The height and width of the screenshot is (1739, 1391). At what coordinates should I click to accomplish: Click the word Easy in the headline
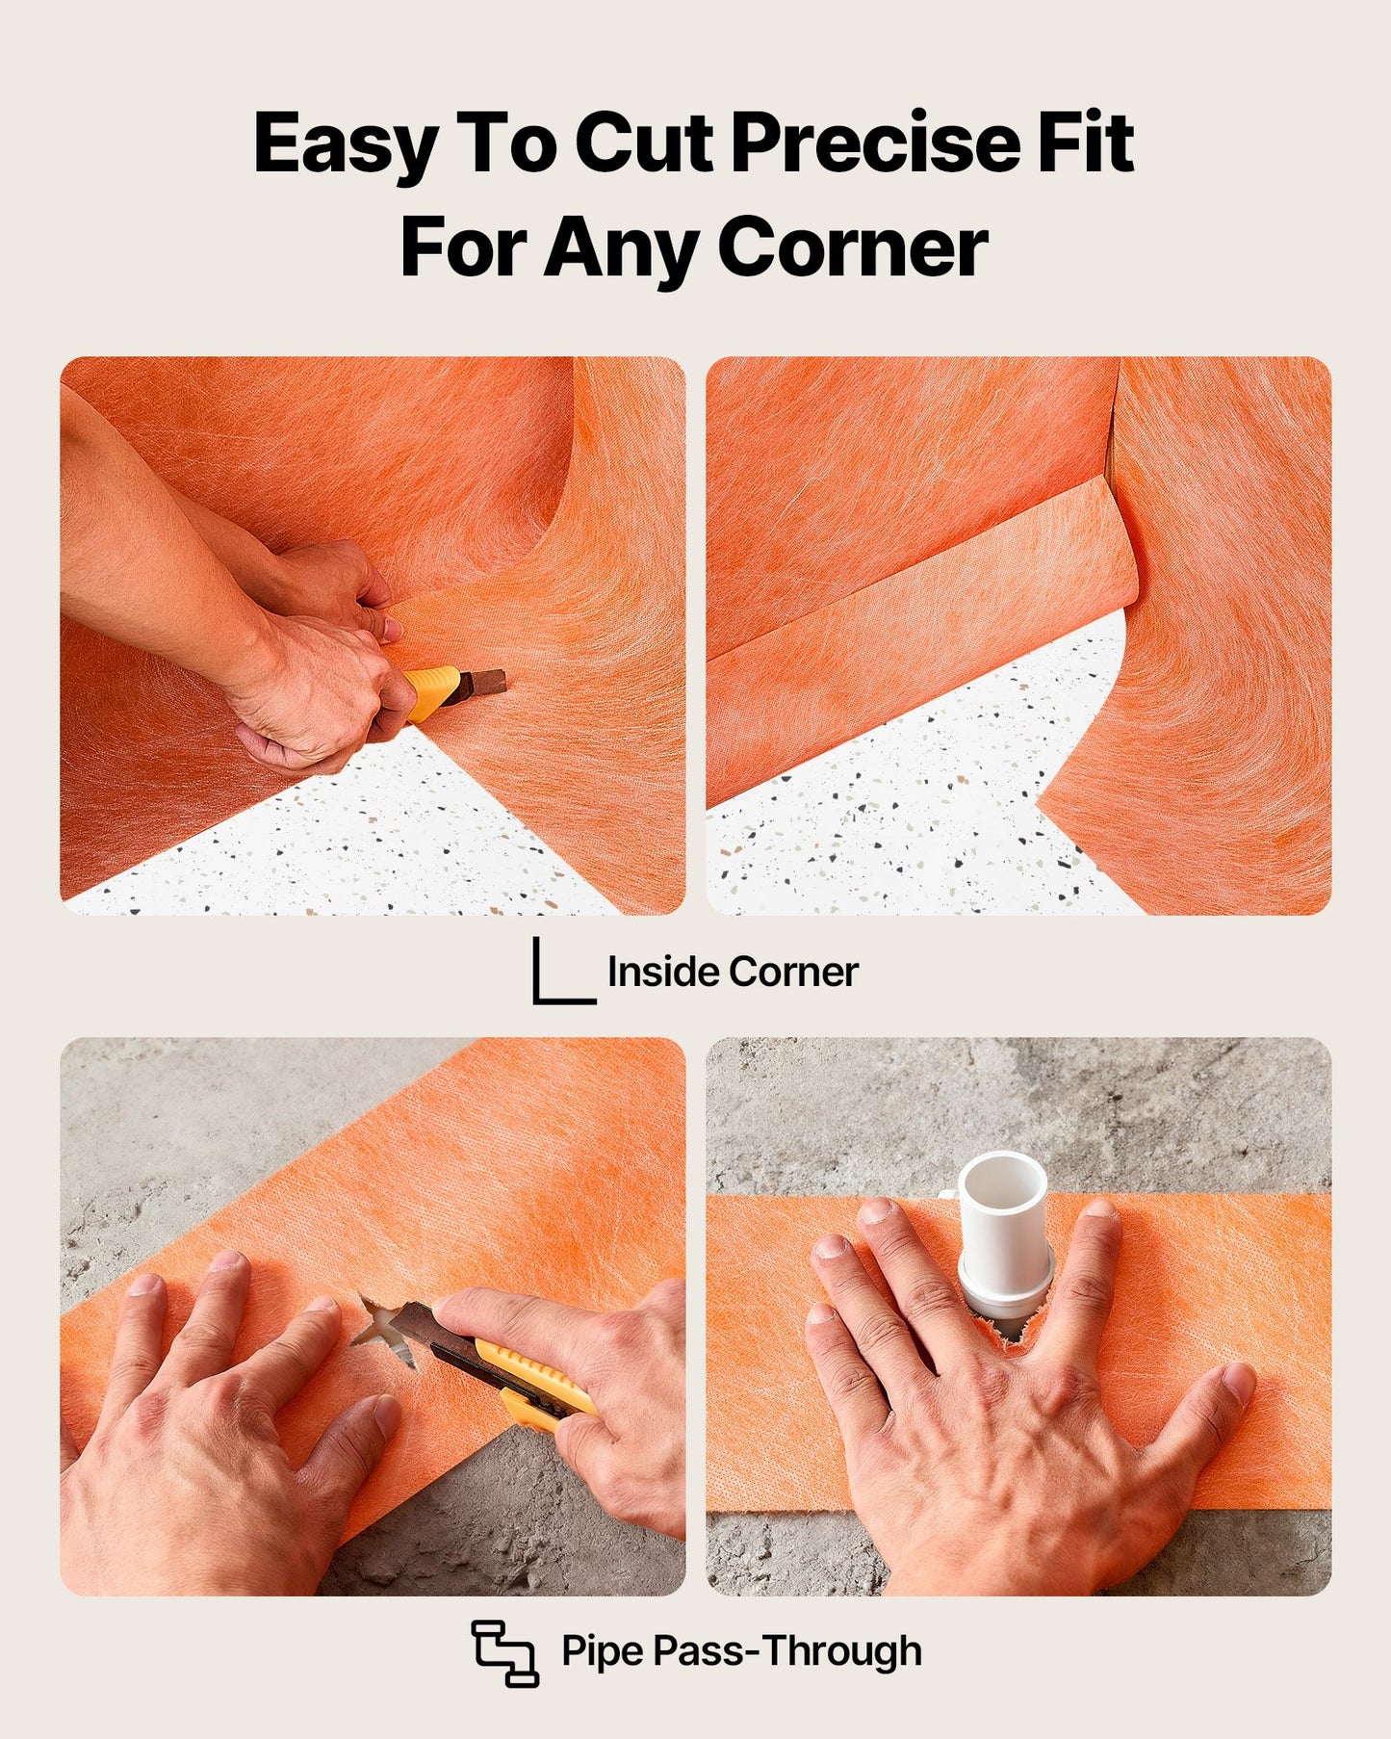345,144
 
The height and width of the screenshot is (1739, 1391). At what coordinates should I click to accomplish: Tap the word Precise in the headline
874,143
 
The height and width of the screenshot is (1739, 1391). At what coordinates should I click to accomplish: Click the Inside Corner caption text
732,973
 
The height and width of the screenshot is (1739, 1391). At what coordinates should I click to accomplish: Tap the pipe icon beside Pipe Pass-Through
504,1653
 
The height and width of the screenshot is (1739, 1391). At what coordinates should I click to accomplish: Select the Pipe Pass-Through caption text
741,1651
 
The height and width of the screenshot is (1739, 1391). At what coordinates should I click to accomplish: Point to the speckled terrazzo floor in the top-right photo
895,847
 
